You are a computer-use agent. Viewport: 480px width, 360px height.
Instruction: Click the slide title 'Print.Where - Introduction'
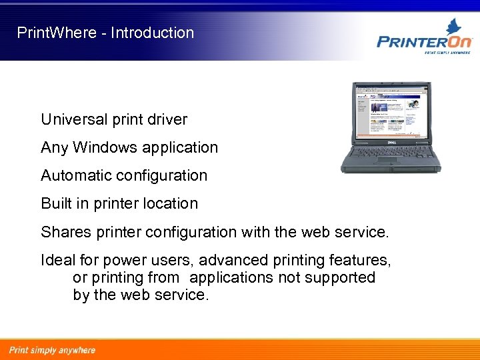pyautogui.click(x=105, y=33)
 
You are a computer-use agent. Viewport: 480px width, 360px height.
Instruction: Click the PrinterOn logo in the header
pyautogui.click(x=424, y=41)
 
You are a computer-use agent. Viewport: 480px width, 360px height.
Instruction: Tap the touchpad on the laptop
pyautogui.click(x=387, y=161)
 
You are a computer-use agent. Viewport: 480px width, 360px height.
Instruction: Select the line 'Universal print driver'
pyautogui.click(x=114, y=120)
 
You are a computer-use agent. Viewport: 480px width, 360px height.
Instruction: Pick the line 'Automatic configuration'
pyautogui.click(x=124, y=176)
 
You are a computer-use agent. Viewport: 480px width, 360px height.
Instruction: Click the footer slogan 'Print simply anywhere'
pyautogui.click(x=52, y=350)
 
